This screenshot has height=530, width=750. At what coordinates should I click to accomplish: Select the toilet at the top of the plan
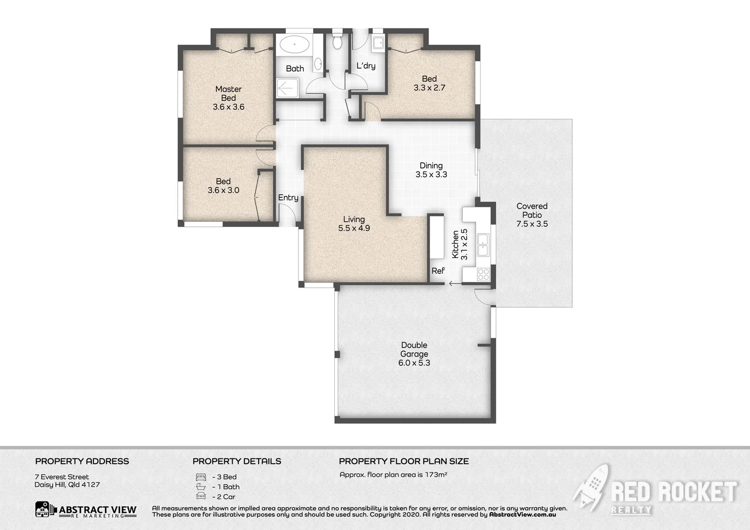tap(337, 41)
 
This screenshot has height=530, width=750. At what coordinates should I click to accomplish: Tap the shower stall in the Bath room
tap(287, 89)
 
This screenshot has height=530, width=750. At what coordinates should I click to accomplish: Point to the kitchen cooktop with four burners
tap(483, 274)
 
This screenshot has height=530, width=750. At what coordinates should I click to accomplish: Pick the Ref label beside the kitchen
tap(438, 271)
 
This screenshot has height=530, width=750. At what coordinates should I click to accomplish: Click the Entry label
tap(288, 198)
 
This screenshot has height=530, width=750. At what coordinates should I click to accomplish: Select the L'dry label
tap(366, 66)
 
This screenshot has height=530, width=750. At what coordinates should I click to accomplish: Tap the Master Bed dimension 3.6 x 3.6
tap(228, 107)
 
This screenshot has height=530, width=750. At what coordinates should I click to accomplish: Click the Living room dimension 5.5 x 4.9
tap(354, 228)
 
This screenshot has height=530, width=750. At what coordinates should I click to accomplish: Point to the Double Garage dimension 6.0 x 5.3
tap(414, 363)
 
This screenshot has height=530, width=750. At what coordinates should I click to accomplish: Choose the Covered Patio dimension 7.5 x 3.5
tap(532, 224)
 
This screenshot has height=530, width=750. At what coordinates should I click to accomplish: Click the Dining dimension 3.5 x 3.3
tap(431, 175)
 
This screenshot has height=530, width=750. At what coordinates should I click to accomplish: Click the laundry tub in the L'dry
tap(378, 43)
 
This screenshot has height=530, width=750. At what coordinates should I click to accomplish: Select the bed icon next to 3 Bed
tap(200, 477)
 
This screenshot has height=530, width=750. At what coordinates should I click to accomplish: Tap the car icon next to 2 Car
tap(200, 496)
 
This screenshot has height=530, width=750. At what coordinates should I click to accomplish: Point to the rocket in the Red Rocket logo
tap(591, 486)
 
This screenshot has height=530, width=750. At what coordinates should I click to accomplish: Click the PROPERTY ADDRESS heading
tap(82, 461)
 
